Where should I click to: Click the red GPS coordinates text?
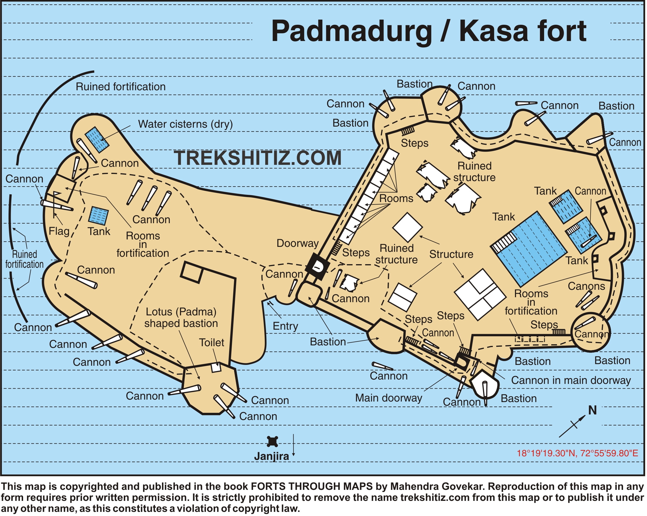click(577, 453)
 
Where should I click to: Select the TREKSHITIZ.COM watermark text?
click(258, 158)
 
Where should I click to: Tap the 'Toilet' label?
click(212, 343)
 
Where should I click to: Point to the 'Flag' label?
click(59, 231)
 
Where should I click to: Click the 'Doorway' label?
click(298, 244)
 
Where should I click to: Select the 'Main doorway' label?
click(389, 398)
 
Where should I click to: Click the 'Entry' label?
click(285, 326)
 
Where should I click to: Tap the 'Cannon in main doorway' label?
click(571, 381)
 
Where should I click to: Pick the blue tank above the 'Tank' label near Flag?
click(98, 216)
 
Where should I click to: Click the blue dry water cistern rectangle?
click(97, 140)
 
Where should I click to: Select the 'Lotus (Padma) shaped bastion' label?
click(181, 318)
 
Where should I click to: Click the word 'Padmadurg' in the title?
click(351, 31)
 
